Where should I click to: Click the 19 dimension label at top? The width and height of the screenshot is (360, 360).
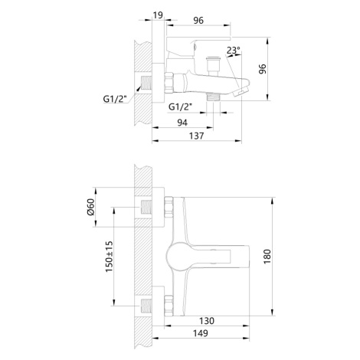tap(158, 15)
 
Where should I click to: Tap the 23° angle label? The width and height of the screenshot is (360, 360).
tap(234, 51)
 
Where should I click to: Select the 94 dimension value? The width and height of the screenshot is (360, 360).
tap(182, 123)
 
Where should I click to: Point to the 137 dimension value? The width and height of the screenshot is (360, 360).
tap(197, 136)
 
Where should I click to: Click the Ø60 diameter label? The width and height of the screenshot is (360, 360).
tap(90, 207)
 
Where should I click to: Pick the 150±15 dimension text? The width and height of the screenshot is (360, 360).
tap(109, 257)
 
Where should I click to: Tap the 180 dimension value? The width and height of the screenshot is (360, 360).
tap(267, 257)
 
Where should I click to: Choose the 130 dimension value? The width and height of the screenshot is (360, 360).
tap(207, 321)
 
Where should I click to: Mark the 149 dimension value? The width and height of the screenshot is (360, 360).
tap(201, 333)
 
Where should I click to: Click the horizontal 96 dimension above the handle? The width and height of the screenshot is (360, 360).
tap(198, 21)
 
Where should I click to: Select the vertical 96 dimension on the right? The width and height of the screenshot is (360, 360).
tap(262, 69)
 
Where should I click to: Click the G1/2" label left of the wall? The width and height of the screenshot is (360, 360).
tap(115, 99)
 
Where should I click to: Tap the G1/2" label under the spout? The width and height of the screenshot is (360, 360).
tap(180, 107)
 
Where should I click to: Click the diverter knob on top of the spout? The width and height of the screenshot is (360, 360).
tap(213, 66)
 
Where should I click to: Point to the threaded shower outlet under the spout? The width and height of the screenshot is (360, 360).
tap(214, 97)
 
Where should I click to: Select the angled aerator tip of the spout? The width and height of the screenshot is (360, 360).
tap(241, 91)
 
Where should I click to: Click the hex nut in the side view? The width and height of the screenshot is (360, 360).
tap(169, 83)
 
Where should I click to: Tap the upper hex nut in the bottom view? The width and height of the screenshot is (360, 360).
tap(169, 208)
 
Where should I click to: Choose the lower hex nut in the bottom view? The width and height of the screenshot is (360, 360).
tap(169, 306)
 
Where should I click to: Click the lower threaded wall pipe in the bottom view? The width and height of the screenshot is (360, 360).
tap(146, 306)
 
